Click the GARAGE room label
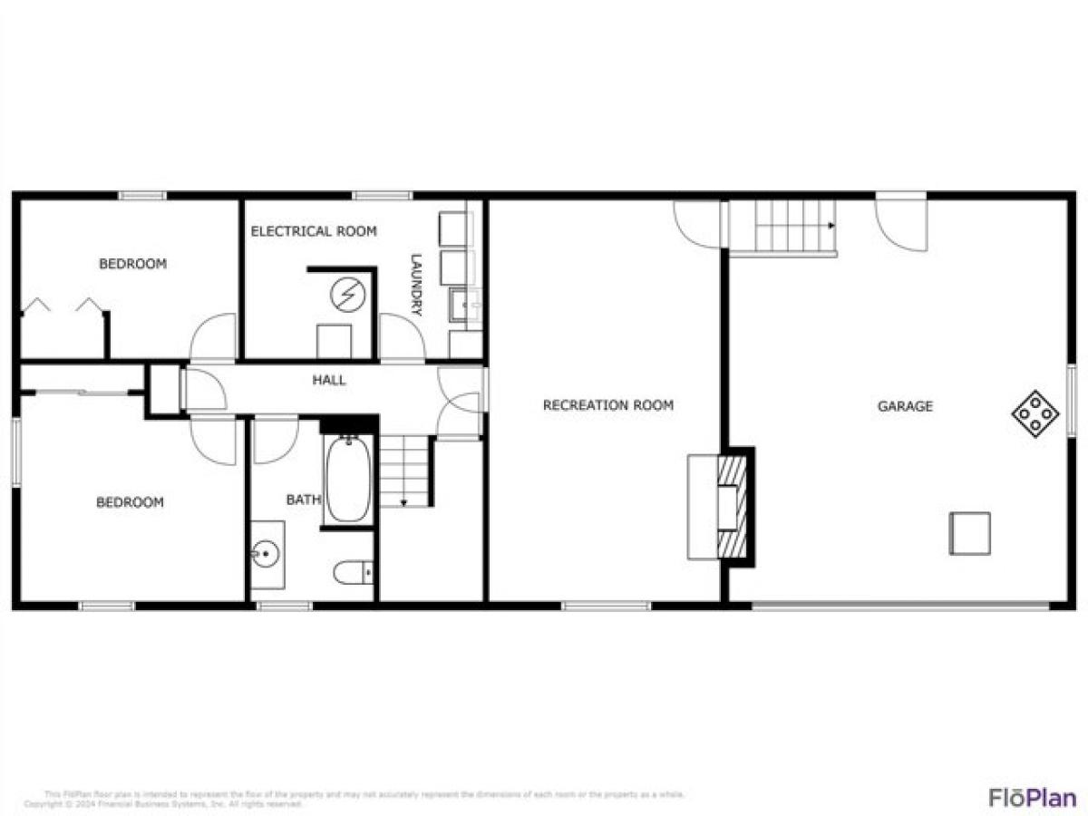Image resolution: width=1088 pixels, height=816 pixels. (904, 407)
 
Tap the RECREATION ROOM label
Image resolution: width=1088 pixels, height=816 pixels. (607, 405)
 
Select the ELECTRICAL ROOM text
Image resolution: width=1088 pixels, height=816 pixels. (313, 231)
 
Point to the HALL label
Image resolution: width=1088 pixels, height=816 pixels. (328, 380)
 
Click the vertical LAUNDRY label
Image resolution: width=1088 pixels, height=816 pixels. (417, 284)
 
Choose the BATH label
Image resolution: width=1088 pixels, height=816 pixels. (303, 500)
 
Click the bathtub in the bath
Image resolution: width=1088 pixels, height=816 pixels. (347, 480)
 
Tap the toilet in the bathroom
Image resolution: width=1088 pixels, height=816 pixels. (353, 573)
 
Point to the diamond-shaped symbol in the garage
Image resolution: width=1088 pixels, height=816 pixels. (1035, 414)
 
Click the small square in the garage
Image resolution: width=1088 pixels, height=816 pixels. (969, 533)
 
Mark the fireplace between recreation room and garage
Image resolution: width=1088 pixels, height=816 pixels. (731, 506)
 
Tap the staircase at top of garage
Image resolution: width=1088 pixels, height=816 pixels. (782, 227)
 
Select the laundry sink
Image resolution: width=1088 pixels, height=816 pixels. (465, 306)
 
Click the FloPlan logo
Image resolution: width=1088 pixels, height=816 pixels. (1032, 797)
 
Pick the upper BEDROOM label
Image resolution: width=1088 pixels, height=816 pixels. (132, 264)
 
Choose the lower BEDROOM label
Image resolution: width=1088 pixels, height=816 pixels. (130, 502)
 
